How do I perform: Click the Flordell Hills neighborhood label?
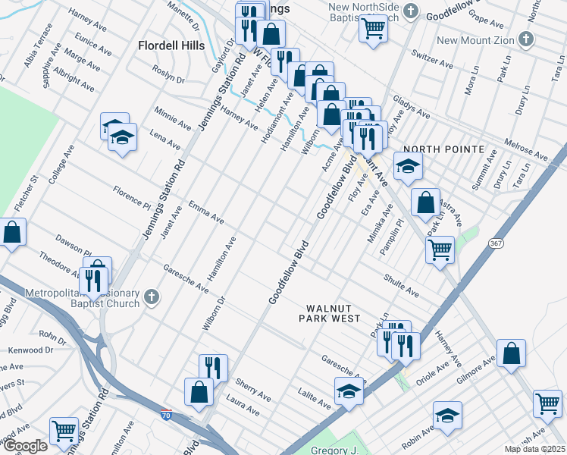pos(171,45)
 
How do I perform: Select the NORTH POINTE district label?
pos(442,149)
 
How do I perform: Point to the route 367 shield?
pos(496,243)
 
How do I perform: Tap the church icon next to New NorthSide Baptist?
pos(410,11)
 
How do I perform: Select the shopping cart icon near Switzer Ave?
pos(374,27)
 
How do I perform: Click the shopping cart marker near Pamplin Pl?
pos(440,249)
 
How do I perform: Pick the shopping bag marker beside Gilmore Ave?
pos(512,353)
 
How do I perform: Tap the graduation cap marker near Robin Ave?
pos(447,416)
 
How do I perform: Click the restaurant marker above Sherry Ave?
pos(213,369)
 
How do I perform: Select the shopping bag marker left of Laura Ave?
pos(199,392)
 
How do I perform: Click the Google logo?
pos(24,446)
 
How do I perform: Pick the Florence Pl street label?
pos(132,197)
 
